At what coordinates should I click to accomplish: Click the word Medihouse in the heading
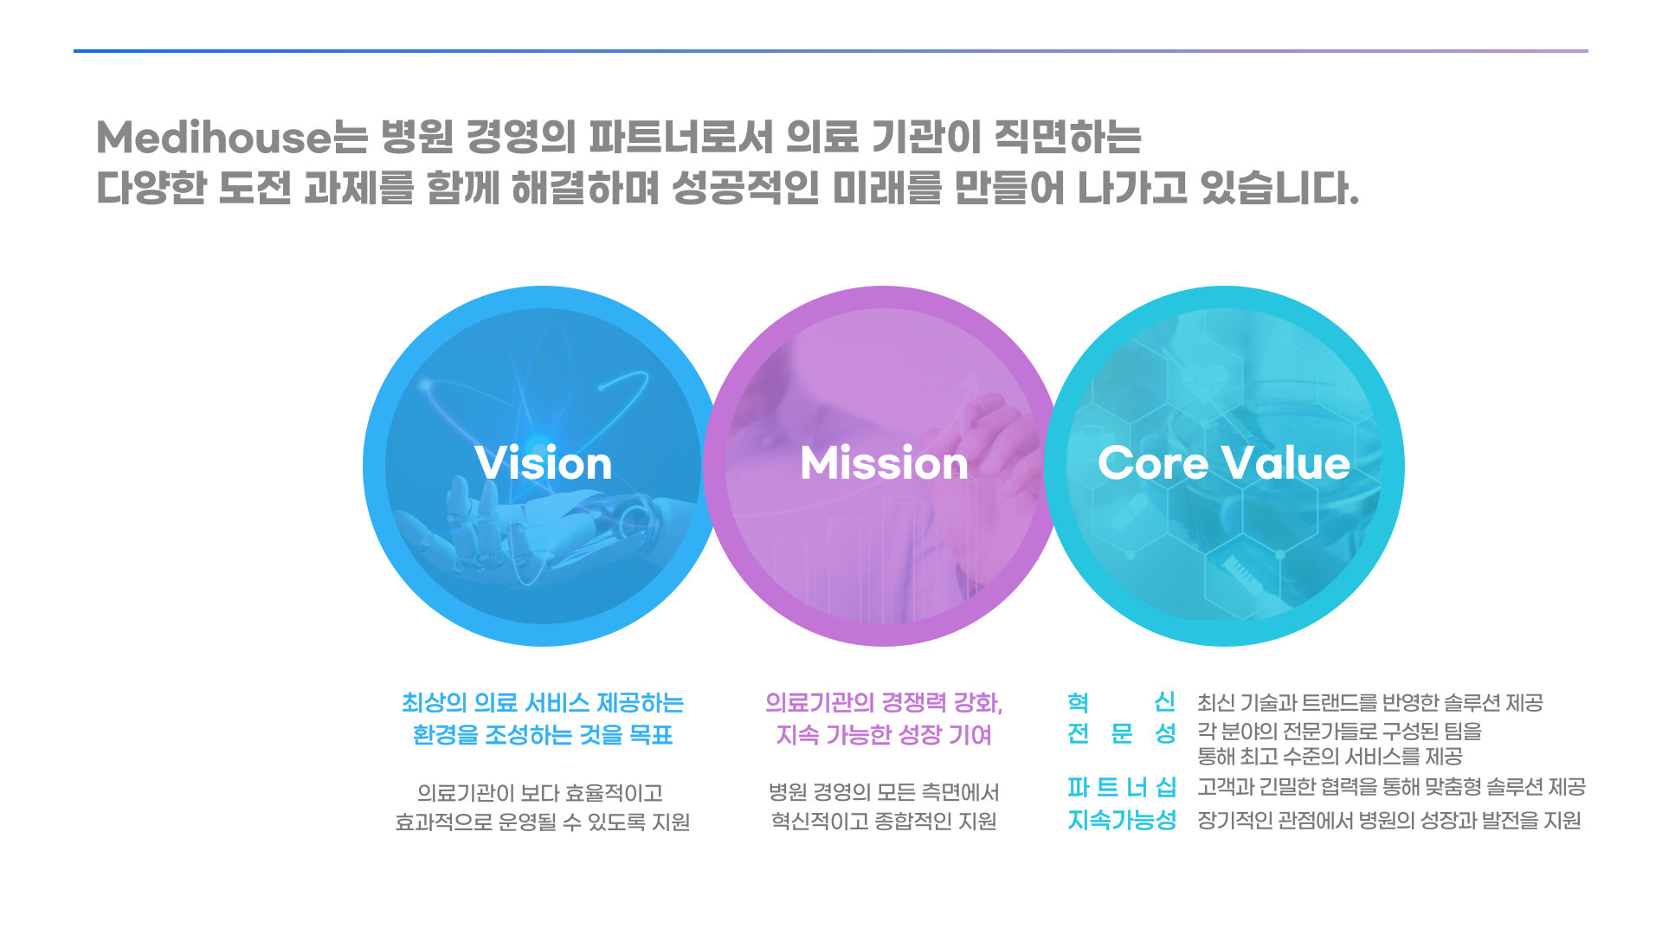point(214,138)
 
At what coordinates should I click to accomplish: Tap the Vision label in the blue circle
point(544,463)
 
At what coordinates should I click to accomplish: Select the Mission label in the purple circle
point(884,463)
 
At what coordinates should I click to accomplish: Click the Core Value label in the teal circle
point(1224,463)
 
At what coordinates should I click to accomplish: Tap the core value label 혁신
point(1122,702)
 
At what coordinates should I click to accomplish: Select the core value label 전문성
point(1122,734)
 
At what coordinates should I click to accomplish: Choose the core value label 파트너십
point(1122,788)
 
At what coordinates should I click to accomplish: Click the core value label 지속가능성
point(1122,820)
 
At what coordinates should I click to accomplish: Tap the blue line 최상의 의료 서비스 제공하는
point(543,703)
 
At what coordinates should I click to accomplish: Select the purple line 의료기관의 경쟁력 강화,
point(884,703)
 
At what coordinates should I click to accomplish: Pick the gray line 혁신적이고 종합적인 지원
point(884,822)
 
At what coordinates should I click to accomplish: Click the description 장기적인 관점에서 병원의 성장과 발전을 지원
point(1389,821)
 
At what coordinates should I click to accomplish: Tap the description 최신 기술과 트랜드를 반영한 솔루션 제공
point(1370,703)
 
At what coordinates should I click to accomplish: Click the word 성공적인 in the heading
point(745,188)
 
